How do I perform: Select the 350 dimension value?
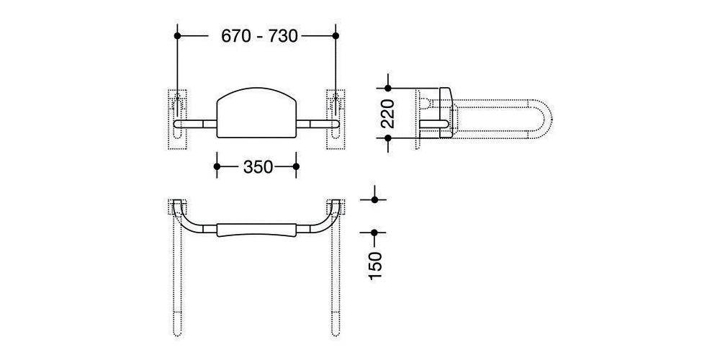coord(257,166)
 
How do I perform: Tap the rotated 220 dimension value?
coord(388,113)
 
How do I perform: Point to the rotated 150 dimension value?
coord(375,266)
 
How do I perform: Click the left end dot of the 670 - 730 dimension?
coord(177,35)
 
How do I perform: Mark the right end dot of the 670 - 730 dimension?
coord(336,35)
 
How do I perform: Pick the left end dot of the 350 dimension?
coord(217,166)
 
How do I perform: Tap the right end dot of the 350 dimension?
coord(296,166)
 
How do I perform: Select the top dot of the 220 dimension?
coord(388,89)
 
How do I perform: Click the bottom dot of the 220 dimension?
coord(388,139)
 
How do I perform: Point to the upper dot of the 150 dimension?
coord(374,199)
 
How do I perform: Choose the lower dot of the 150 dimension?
coord(374,232)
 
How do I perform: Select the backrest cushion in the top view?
coord(256,230)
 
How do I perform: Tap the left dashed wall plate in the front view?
coord(177,119)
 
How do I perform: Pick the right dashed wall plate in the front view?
coord(336,119)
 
